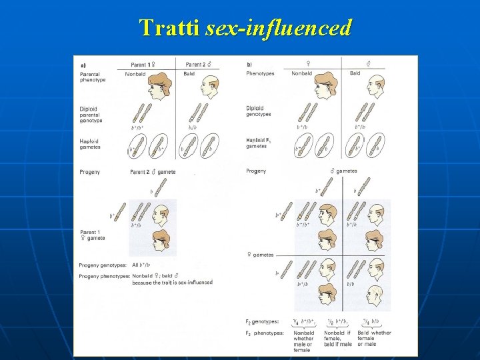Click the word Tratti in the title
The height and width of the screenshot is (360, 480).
170,27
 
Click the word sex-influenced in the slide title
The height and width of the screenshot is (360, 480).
279,27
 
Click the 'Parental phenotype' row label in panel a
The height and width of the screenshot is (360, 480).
93,77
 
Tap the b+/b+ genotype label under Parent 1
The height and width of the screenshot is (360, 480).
136,127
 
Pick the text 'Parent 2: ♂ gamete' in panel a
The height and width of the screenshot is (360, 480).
153,172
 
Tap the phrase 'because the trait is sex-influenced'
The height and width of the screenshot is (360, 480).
173,283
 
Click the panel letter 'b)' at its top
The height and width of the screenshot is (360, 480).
249,65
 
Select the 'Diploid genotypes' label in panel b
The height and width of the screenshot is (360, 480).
259,111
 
